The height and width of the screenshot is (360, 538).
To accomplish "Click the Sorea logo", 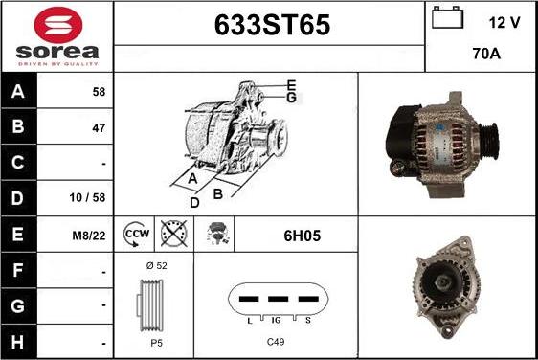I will pos(56,35).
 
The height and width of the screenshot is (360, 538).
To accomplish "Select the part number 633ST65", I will pos(270,27).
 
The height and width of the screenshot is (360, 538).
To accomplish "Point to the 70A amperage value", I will pos(487,56).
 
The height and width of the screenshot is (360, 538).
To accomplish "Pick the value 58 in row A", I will pos(98,92).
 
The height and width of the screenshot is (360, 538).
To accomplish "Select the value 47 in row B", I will pos(98,128).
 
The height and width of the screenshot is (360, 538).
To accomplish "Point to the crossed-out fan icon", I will pos(172,234).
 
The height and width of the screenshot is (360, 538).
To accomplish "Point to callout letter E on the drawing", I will pos(291,84).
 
